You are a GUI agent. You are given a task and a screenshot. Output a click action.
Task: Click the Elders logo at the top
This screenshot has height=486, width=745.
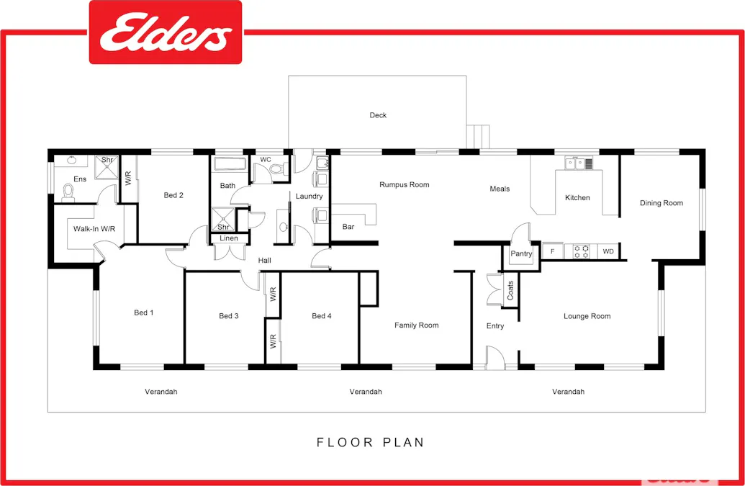[166, 33]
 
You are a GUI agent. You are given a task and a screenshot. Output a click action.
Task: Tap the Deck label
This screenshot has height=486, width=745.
[378, 115]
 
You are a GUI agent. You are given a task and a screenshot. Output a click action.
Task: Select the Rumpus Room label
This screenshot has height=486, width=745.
[404, 185]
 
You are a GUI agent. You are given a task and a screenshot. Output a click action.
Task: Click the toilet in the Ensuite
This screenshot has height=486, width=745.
[69, 192]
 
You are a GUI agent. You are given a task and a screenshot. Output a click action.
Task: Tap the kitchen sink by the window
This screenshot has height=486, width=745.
[579, 163]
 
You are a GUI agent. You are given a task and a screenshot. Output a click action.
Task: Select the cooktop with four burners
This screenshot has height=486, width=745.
[581, 251]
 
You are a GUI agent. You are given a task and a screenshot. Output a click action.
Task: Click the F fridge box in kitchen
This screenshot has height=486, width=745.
[552, 251]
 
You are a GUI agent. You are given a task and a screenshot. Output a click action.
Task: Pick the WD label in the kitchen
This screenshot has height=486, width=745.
[608, 251]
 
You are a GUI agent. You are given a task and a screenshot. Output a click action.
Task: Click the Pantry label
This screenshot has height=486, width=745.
[521, 254]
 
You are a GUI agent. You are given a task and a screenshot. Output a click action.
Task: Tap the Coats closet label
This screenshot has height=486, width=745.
[510, 290]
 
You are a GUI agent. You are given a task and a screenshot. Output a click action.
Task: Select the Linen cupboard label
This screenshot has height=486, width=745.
[229, 238]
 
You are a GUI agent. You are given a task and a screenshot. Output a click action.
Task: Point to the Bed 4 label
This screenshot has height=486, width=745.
[322, 316]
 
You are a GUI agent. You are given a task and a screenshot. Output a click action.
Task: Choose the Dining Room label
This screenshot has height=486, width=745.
[661, 203]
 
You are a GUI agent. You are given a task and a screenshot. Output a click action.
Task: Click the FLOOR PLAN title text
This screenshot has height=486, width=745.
[371, 442]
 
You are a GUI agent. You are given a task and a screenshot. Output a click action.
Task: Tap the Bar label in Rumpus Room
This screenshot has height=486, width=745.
[348, 227]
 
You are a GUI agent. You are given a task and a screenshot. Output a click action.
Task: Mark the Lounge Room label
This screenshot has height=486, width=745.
[587, 316]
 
